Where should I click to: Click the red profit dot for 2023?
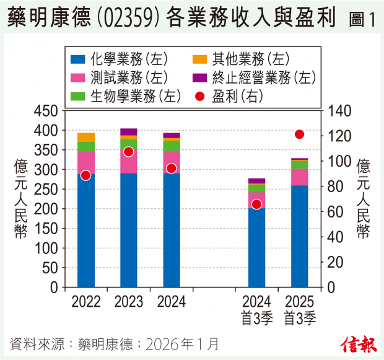point(129,152)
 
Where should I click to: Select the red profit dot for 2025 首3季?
point(300,134)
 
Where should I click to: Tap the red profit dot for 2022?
point(86,175)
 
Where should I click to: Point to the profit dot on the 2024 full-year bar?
point(172,169)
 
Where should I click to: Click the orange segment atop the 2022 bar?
point(86,137)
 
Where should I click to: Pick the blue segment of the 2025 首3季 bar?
point(300,235)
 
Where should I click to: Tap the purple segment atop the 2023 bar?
point(129,131)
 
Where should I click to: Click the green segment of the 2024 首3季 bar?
point(257,188)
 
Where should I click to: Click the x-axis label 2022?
point(86,302)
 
